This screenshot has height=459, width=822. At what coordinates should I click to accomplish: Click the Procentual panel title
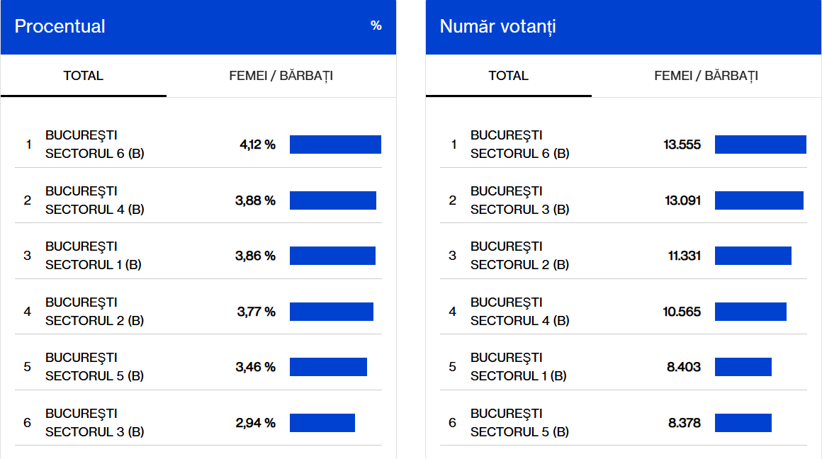click(x=60, y=27)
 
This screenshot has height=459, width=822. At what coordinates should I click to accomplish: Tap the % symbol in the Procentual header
click(x=376, y=26)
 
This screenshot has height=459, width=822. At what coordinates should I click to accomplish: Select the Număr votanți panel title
click(x=498, y=27)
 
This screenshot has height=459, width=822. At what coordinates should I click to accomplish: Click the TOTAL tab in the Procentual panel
click(x=84, y=76)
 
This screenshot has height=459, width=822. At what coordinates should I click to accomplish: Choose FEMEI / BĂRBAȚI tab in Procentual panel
click(x=281, y=76)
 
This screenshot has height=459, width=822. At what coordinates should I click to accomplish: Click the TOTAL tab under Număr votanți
click(x=509, y=76)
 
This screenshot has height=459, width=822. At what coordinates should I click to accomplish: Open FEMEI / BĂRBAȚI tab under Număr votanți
click(x=706, y=76)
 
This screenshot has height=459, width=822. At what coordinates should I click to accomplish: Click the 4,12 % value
click(x=257, y=144)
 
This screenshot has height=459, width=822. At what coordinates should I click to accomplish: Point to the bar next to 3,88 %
click(x=333, y=200)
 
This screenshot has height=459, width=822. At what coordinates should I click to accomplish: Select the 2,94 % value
click(x=255, y=423)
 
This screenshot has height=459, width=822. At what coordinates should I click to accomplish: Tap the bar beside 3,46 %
click(x=328, y=367)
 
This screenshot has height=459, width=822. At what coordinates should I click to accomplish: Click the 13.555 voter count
click(x=682, y=144)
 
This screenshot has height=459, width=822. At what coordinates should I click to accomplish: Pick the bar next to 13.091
click(x=759, y=200)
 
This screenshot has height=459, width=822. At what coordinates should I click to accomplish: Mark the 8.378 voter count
click(x=684, y=423)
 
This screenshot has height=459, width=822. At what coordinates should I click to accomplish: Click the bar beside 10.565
click(x=750, y=312)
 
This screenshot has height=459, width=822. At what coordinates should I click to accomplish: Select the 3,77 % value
click(x=256, y=312)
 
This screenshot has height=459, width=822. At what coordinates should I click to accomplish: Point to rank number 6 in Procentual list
click(x=28, y=423)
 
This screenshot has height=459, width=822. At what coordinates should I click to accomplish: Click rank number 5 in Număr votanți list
click(x=453, y=367)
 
